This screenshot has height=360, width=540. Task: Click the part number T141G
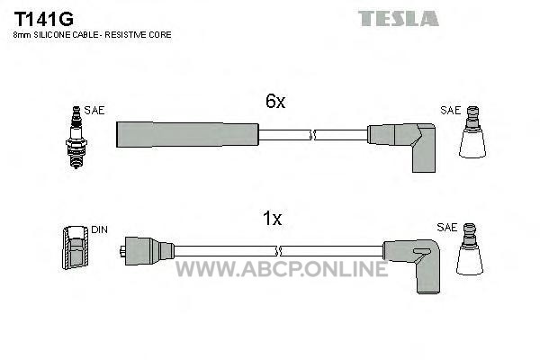(43, 19)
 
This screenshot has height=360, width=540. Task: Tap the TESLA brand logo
(399, 19)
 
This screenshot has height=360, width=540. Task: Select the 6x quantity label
(275, 102)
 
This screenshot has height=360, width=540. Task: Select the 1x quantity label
(272, 219)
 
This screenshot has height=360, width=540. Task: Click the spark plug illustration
(76, 137)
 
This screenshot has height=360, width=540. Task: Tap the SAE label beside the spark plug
(94, 110)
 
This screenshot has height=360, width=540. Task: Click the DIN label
(99, 229)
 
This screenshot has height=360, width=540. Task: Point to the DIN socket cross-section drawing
(76, 247)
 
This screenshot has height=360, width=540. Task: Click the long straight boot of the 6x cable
(187, 134)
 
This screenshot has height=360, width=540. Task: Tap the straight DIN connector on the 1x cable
(147, 251)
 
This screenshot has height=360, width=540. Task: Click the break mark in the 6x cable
(312, 135)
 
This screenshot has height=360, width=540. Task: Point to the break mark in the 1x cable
(279, 251)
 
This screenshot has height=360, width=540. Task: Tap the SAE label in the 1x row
(446, 228)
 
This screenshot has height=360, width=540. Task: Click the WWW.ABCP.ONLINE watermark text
(282, 269)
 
